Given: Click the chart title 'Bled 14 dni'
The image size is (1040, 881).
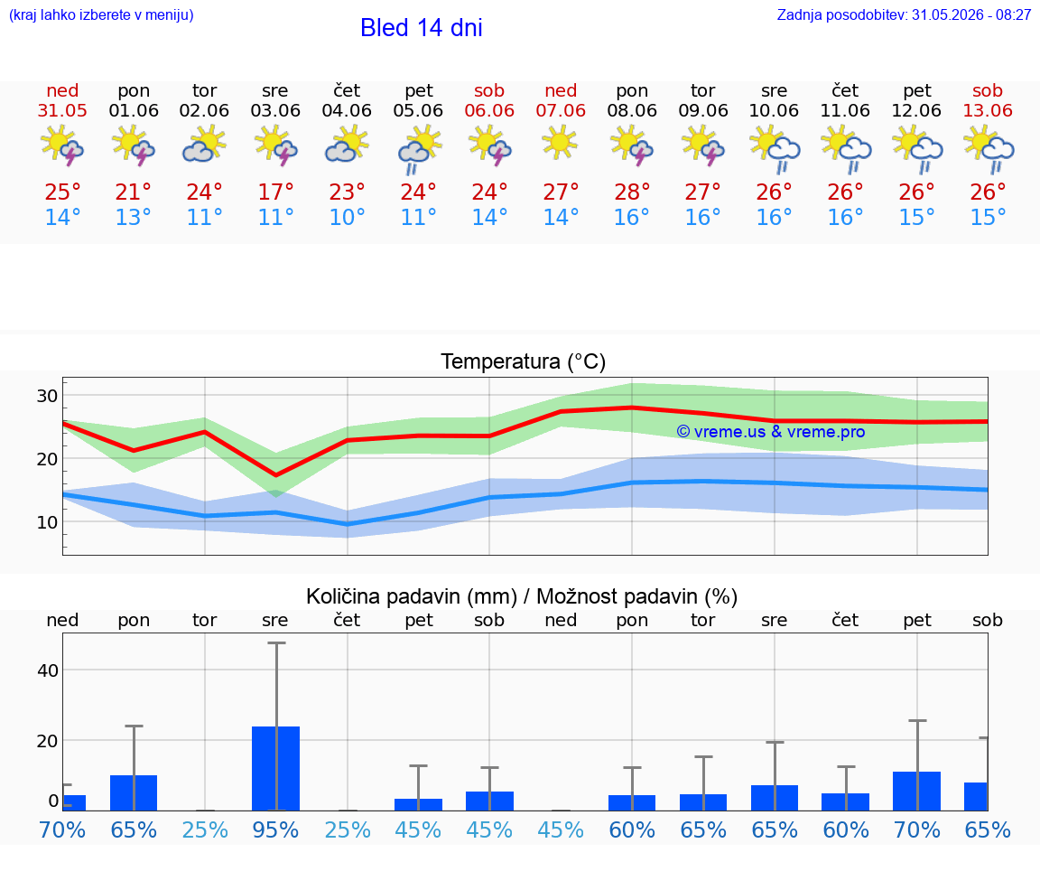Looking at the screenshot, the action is [422, 28].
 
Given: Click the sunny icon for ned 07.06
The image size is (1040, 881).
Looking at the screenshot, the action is [560, 143].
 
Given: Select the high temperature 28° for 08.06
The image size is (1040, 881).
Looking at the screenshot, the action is [631, 192].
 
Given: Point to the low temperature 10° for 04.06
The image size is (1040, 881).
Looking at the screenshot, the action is [347, 217].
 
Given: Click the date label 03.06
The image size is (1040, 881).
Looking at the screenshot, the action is [275, 110].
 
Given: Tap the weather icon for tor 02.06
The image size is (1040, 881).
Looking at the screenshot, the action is [204, 145].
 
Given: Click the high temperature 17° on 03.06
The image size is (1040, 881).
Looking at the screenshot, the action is [275, 192].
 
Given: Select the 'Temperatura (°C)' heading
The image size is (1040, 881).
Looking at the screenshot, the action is [524, 361].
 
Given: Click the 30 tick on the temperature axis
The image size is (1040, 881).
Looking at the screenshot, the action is [47, 396].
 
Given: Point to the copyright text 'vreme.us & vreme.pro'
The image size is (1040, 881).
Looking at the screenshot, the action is [771, 432].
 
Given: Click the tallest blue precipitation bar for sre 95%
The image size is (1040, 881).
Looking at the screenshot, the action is [276, 768].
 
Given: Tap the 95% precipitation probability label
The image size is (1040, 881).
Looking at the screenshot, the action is [275, 829].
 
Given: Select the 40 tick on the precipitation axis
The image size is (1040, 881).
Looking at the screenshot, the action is [48, 670].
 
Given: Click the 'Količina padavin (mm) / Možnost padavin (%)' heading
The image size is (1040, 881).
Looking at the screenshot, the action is [521, 596].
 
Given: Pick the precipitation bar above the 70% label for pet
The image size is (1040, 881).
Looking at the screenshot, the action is [916, 791].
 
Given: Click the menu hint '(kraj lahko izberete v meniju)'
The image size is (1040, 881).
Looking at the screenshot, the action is [101, 14].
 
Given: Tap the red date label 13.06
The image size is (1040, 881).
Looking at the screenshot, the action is [988, 110].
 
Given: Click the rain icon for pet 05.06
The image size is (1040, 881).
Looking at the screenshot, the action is [419, 149].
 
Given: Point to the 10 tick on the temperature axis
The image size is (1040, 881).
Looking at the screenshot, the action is [47, 522].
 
